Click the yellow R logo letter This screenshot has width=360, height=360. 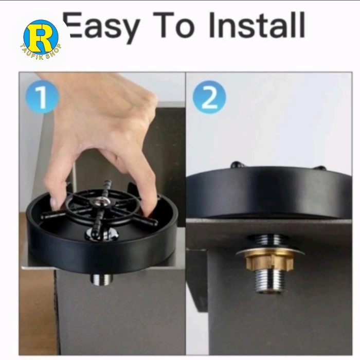(41, 37)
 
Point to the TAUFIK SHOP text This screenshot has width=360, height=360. (41, 52)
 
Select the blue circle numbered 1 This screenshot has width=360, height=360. (42, 97)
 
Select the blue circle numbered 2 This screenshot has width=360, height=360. (209, 97)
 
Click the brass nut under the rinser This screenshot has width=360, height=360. (269, 261)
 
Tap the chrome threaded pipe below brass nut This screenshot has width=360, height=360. (269, 281)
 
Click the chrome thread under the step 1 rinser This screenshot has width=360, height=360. (101, 279)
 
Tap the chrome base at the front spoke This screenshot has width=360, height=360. (102, 235)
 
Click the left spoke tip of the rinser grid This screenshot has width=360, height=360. (44, 217)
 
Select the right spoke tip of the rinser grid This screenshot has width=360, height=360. (154, 223)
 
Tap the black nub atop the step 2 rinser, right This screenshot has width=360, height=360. (320, 168)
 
